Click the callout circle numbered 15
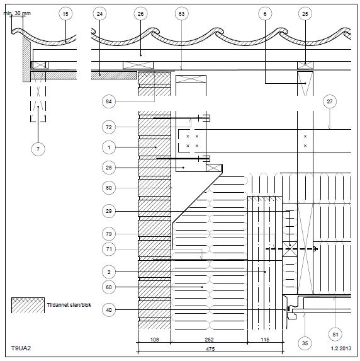pos(65,14)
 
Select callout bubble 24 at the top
pos(99,14)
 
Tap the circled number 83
pos(181,14)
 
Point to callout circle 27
pos(330,101)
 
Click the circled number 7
pos(38,149)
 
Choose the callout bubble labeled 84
pos(109,101)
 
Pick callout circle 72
pos(109,127)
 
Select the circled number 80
pos(109,188)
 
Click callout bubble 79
pos(109,234)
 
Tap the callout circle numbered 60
pos(109,287)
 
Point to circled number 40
pos(109,310)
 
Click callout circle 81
pos(335,335)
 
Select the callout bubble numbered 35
pos(305,343)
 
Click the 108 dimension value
pos(154,340)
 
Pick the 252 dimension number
pos(209,340)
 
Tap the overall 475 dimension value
pos(210,349)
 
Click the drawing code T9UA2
pos(21,348)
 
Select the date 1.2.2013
pos(341,348)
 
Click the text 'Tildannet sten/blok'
pos(69,305)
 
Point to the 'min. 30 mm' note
pos(17,13)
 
